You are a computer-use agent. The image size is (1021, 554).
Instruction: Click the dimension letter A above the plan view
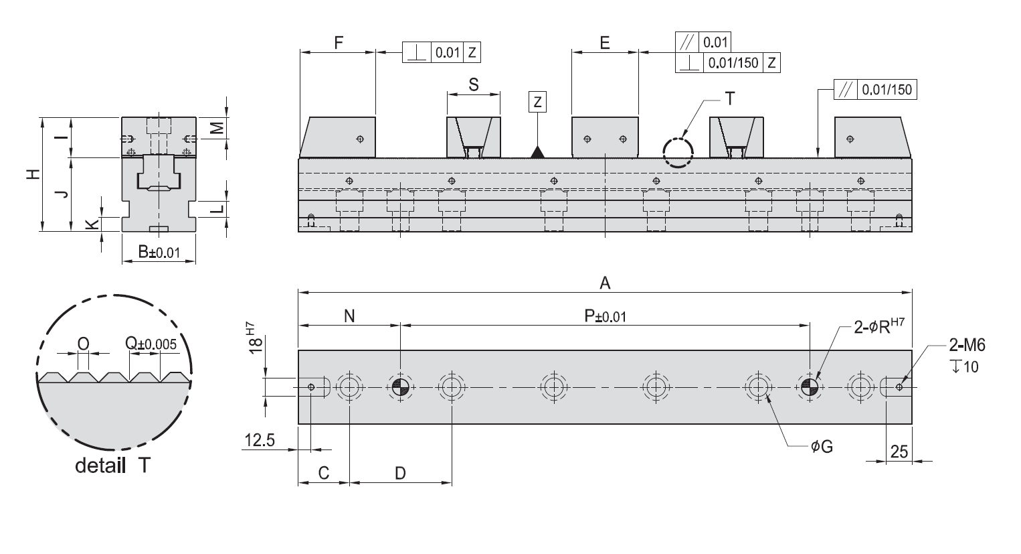(x=605, y=283)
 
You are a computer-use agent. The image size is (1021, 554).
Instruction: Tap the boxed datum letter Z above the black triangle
(x=538, y=102)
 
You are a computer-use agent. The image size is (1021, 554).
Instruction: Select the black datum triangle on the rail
(x=538, y=152)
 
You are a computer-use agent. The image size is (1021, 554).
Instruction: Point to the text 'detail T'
(x=112, y=466)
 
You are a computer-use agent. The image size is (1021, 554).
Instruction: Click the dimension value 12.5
(x=260, y=440)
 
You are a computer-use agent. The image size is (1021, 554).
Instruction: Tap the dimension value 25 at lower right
(x=899, y=452)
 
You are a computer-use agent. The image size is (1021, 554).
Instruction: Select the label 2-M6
(x=967, y=345)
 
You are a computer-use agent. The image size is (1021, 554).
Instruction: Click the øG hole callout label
(x=822, y=446)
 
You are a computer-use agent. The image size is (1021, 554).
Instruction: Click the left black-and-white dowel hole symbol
(x=400, y=387)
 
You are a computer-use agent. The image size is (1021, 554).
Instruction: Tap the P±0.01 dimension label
(x=606, y=316)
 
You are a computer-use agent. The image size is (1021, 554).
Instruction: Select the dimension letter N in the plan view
(x=349, y=316)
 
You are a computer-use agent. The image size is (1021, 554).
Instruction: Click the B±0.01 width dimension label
(x=159, y=252)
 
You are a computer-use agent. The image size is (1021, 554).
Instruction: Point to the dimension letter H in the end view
(x=33, y=174)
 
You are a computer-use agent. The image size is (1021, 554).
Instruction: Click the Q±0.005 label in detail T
(x=151, y=343)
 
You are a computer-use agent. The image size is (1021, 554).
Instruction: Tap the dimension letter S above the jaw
(x=474, y=84)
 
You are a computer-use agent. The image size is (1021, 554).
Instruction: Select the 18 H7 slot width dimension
(x=256, y=338)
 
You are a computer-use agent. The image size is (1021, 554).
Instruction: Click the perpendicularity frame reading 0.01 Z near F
(x=441, y=52)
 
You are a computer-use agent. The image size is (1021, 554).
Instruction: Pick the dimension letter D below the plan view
(x=400, y=473)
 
